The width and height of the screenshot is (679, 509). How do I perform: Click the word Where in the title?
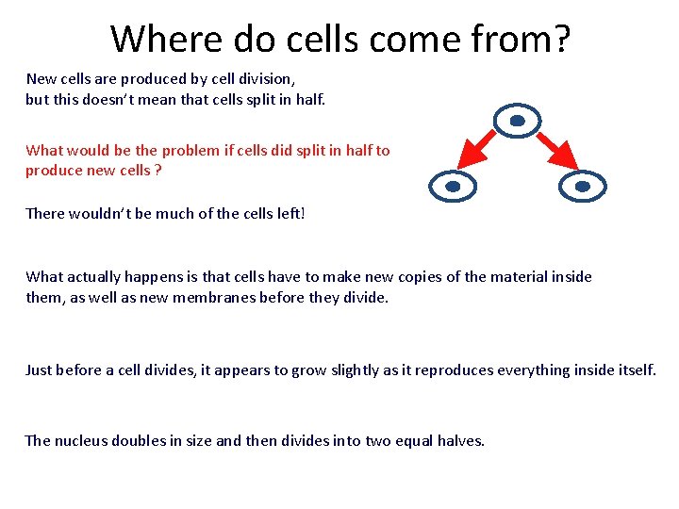click(166, 40)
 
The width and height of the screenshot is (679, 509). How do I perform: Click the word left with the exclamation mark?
click(289, 213)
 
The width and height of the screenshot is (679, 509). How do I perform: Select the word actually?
click(99, 276)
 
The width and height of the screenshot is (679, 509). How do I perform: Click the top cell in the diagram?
click(518, 122)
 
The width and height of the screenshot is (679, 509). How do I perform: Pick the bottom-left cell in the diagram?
click(453, 187)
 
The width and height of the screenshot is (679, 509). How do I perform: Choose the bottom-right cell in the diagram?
click(582, 187)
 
